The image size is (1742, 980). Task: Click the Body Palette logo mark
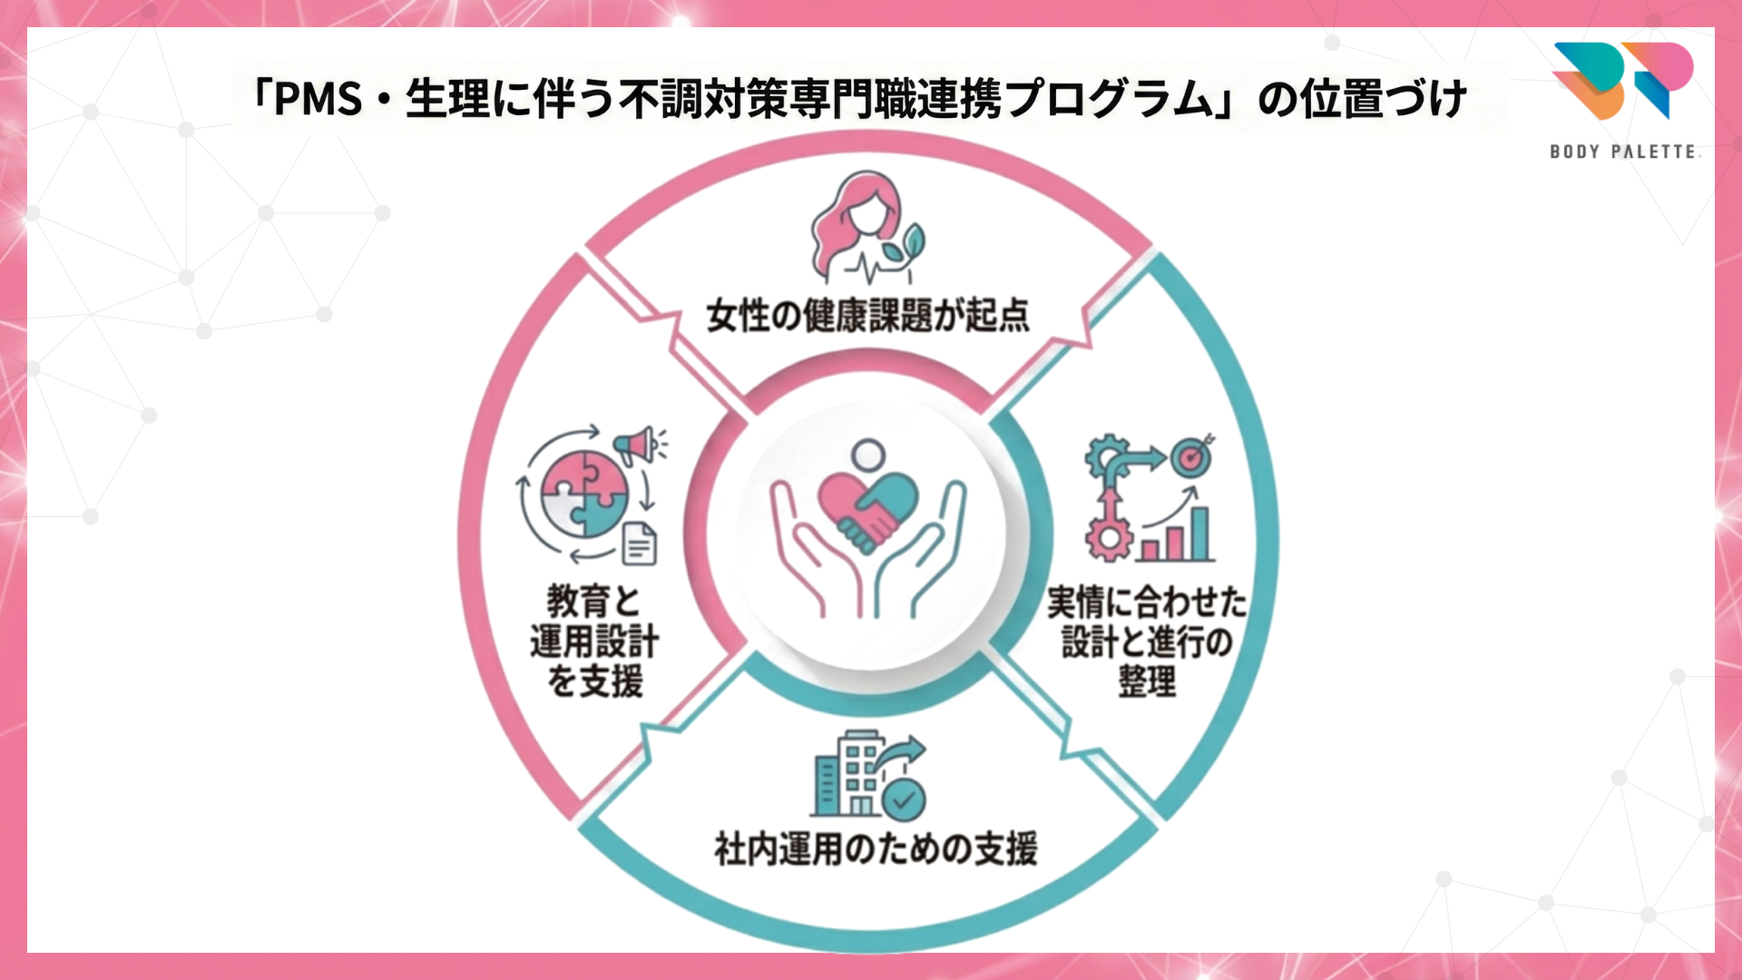[1622, 80]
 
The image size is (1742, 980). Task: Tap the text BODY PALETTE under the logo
[1622, 152]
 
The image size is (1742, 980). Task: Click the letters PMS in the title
[318, 99]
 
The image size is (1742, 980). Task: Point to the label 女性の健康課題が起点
[867, 316]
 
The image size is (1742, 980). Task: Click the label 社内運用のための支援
[875, 849]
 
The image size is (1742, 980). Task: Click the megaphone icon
[637, 445]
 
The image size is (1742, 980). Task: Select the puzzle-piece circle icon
[583, 495]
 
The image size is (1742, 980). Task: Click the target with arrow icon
[1191, 456]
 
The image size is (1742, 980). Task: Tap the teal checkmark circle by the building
[904, 799]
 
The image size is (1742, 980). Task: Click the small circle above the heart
[868, 453]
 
